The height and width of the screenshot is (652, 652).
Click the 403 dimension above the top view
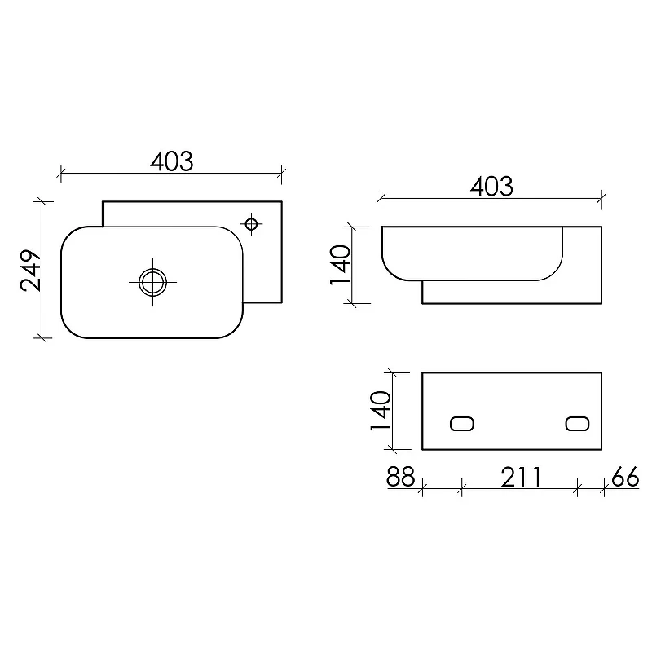(x=172, y=161)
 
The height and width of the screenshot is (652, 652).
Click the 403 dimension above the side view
(x=491, y=187)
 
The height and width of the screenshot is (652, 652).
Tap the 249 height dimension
(x=31, y=271)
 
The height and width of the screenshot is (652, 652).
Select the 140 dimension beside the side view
(x=340, y=265)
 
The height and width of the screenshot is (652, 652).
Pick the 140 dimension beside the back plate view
(x=381, y=411)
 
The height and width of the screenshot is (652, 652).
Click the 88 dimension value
(x=401, y=477)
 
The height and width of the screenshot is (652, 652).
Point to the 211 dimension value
(x=521, y=477)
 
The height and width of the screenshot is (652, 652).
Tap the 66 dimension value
(x=625, y=477)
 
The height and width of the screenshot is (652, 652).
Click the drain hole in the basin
(x=152, y=282)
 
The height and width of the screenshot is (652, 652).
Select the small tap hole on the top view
(x=251, y=224)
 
